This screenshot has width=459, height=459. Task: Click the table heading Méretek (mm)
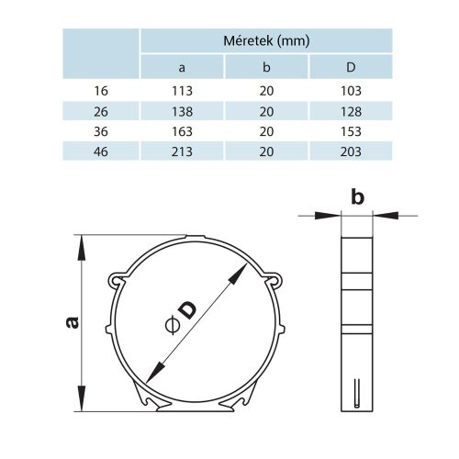point(266,40)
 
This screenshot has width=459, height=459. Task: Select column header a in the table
point(182,66)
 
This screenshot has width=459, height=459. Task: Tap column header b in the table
point(266,66)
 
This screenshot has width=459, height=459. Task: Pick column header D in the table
point(350,66)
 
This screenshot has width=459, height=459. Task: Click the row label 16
point(100,90)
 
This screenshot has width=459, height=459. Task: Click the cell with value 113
point(182,90)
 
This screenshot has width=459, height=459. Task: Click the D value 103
point(350,90)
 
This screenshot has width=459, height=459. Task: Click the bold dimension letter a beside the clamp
point(72,322)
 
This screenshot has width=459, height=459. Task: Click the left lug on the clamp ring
point(115,279)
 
